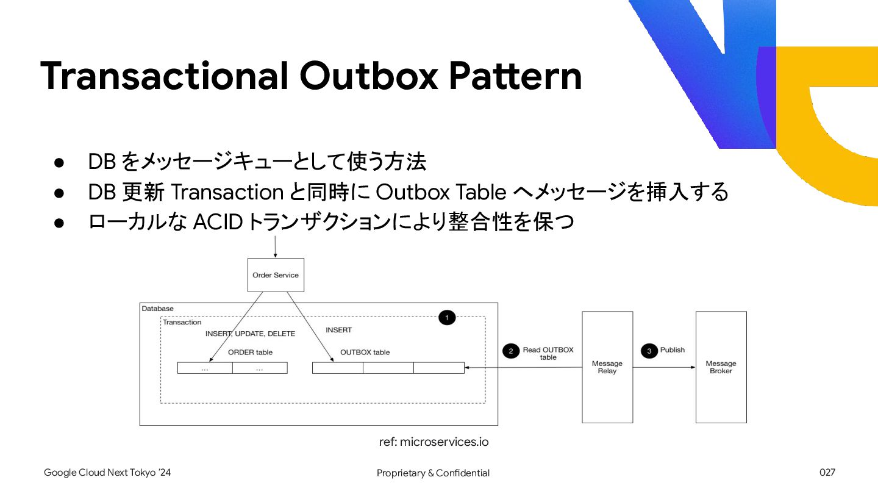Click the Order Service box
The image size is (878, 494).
(x=276, y=275)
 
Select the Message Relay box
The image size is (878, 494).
(x=607, y=367)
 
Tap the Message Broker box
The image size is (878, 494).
(x=721, y=367)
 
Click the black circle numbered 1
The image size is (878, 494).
(x=447, y=318)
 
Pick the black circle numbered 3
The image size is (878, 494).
(x=649, y=351)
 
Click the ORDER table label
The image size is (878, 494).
(x=250, y=353)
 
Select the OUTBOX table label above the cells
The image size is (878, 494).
(x=365, y=353)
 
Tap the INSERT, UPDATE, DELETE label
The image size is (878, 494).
(x=250, y=334)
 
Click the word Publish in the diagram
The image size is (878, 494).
(x=673, y=350)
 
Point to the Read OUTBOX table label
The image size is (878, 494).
(x=548, y=354)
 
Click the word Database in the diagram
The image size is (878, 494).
(x=158, y=309)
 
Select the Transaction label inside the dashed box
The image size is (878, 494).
(x=182, y=322)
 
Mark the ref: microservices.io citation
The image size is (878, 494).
(x=434, y=442)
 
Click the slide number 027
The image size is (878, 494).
(x=827, y=473)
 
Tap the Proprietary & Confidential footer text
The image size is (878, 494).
(x=433, y=473)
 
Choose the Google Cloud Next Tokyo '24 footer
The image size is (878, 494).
(x=107, y=473)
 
